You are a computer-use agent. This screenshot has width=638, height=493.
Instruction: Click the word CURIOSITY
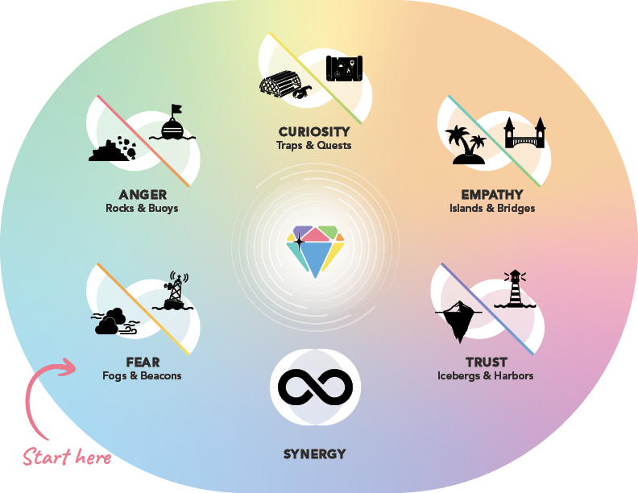tap(314, 132)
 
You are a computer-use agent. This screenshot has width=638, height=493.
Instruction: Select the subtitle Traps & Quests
tap(314, 146)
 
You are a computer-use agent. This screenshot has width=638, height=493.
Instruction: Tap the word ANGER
tap(143, 195)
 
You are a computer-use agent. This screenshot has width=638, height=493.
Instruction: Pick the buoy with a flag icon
tap(176, 124)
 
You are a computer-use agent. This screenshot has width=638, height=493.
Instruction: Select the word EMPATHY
tap(492, 195)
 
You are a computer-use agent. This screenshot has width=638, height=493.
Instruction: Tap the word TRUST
tap(486, 362)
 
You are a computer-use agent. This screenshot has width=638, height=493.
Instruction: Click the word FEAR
tap(143, 362)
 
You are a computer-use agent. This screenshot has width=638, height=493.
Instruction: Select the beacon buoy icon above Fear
tap(174, 292)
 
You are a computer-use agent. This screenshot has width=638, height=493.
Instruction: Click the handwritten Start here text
tap(67, 458)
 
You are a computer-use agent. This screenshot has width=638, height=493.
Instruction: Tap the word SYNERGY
tap(314, 454)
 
